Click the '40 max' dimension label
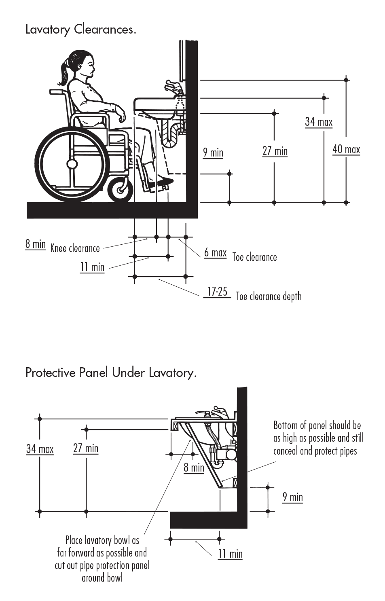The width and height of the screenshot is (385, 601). [x=346, y=150]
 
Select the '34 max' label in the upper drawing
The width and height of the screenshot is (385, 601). [x=319, y=122]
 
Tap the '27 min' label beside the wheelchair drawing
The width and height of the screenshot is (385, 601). [x=275, y=151]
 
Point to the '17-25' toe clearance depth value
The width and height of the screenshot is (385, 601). [x=217, y=292]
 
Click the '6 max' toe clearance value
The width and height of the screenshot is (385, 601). [x=215, y=253]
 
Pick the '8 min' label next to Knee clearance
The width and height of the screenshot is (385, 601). [x=35, y=244]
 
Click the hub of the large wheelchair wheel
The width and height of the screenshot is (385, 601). [x=72, y=164]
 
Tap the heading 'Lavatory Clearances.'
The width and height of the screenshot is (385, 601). [x=80, y=30]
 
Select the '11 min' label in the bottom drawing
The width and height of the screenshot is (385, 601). [x=230, y=554]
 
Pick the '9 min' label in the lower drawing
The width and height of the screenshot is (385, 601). [x=292, y=497]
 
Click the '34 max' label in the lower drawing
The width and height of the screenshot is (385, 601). [x=40, y=449]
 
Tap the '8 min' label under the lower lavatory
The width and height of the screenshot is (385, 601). [x=194, y=468]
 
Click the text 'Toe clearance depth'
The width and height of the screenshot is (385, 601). [x=269, y=296]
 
